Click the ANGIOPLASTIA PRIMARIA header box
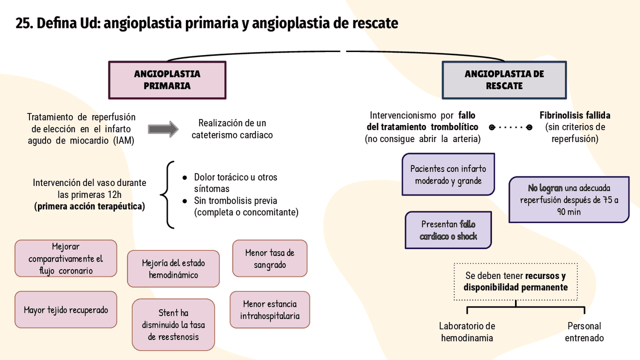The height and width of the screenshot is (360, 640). click(167, 80)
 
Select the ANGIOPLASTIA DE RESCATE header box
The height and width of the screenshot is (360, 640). click(504, 80)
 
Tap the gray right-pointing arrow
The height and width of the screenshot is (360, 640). click(163, 129)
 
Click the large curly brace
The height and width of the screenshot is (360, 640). click(168, 194)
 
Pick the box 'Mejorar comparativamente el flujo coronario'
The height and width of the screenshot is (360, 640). click(65, 258)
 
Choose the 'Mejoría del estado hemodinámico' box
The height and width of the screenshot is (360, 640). click(173, 269)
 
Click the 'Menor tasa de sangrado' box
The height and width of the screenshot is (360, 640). click(269, 258)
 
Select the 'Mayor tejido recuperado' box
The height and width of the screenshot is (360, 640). click(65, 310)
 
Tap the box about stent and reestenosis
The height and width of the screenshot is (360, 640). click(173, 324)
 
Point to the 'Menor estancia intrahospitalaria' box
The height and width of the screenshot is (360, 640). click(269, 310)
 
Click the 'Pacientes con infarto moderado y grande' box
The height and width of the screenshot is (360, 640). click(448, 174)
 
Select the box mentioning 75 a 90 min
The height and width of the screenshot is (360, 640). click(568, 199)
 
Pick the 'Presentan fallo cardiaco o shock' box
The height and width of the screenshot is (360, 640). click(448, 230)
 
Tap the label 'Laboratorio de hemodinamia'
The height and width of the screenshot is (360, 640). click(467, 332)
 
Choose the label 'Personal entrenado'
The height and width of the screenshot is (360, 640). click(584, 332)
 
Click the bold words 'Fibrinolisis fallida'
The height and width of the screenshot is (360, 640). click(574, 115)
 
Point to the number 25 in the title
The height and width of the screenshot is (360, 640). click(22, 23)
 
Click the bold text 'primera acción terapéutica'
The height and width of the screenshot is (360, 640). click(89, 206)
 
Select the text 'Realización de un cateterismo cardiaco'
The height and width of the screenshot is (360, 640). click(232, 128)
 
